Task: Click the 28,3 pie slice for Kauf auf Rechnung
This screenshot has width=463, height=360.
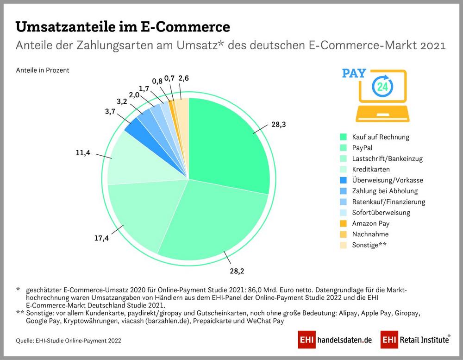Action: [x=227, y=144]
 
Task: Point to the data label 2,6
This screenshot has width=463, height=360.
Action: [x=183, y=78]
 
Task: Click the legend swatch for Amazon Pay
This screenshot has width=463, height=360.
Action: [x=343, y=223]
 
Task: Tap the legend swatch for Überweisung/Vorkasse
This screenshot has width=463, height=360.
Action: [x=343, y=180]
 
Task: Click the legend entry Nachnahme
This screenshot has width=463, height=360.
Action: [x=370, y=234]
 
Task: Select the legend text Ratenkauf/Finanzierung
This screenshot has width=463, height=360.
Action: [x=388, y=202]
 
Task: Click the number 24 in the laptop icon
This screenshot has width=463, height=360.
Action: [x=382, y=87]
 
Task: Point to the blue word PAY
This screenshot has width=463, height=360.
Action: [x=354, y=74]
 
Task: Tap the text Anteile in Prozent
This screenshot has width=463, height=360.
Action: [x=43, y=70]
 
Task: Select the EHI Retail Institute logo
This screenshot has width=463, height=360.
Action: [x=415, y=340]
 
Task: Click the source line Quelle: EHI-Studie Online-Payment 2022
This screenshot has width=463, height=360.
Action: [x=69, y=341]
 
